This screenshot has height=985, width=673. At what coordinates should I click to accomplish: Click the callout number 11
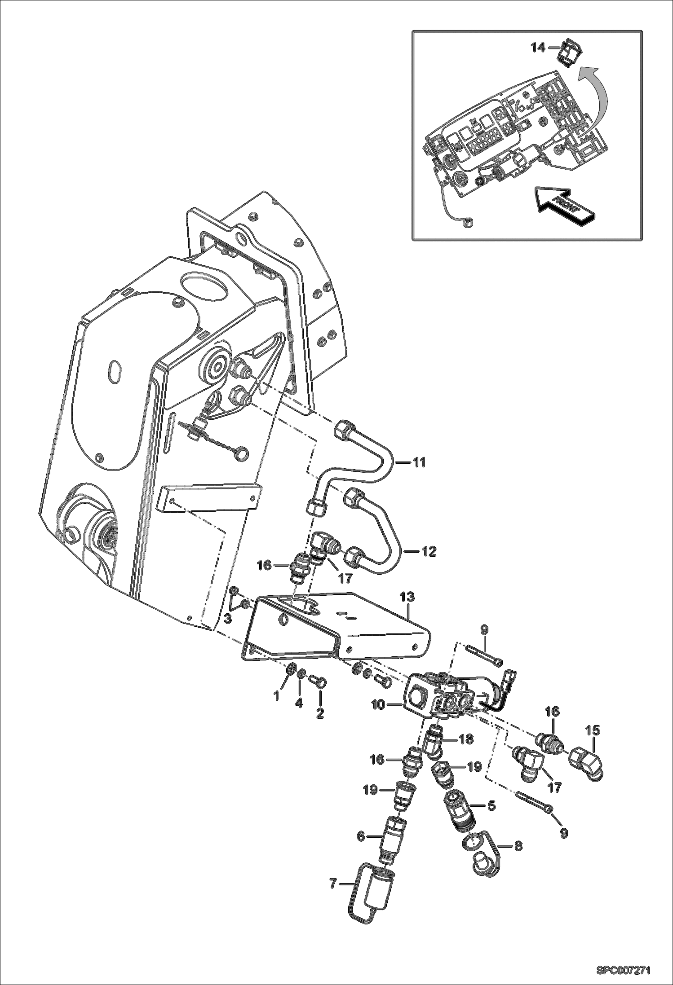419,462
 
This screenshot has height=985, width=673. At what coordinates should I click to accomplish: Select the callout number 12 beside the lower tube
429,551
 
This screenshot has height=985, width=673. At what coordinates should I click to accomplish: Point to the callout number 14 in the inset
538,48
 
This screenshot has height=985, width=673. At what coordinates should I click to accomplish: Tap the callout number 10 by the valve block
379,705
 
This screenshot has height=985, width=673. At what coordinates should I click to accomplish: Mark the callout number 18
466,739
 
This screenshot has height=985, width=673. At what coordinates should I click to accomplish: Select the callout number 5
491,806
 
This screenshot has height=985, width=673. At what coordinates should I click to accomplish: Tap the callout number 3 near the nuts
228,619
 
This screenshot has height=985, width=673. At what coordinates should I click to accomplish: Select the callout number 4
298,704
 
